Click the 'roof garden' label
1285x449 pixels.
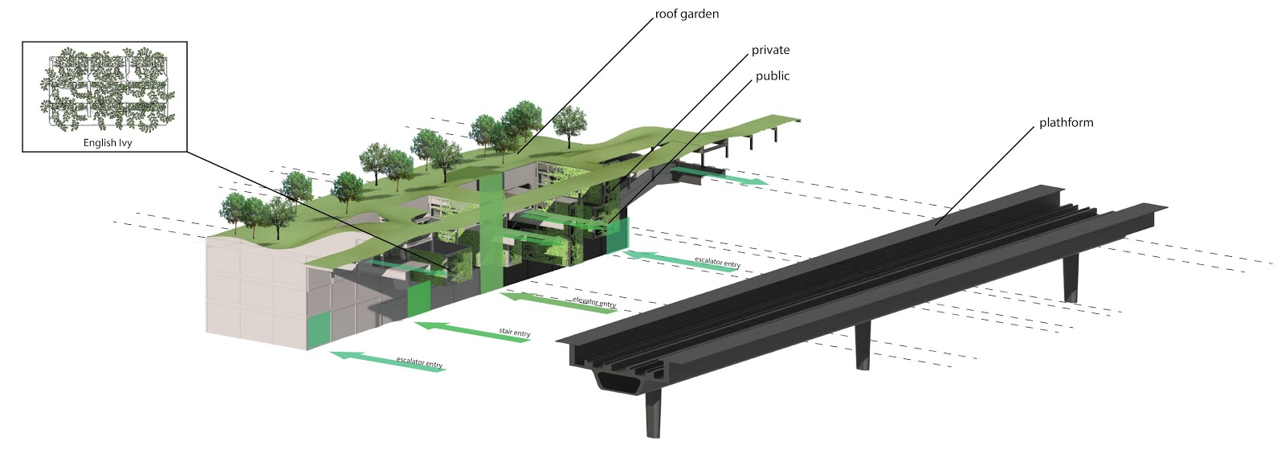click(687, 14)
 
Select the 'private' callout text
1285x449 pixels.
click(770, 51)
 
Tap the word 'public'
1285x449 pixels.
click(772, 76)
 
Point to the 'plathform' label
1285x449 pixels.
click(1066, 123)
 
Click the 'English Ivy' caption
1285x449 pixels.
click(107, 143)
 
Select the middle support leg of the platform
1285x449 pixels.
click(862, 345)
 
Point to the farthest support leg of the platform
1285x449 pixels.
click(1071, 277)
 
